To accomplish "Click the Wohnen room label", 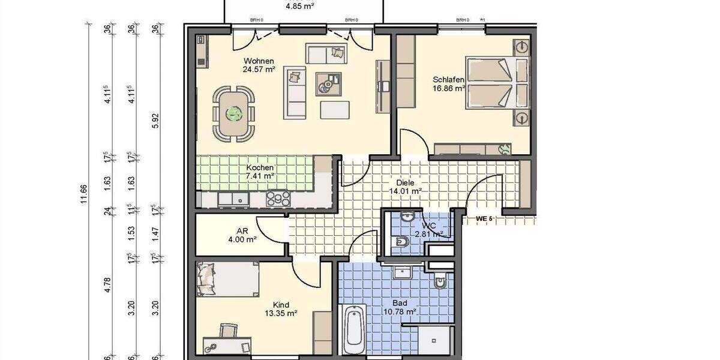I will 259,61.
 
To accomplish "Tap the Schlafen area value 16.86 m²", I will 449,88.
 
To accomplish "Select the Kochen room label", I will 260,167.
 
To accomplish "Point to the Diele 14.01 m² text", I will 405,191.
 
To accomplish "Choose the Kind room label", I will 281,304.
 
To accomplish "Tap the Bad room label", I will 400,303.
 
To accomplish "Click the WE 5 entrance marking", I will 484,218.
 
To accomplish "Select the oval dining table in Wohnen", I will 232,113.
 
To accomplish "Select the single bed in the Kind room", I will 228,278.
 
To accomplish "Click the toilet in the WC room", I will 403,241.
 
